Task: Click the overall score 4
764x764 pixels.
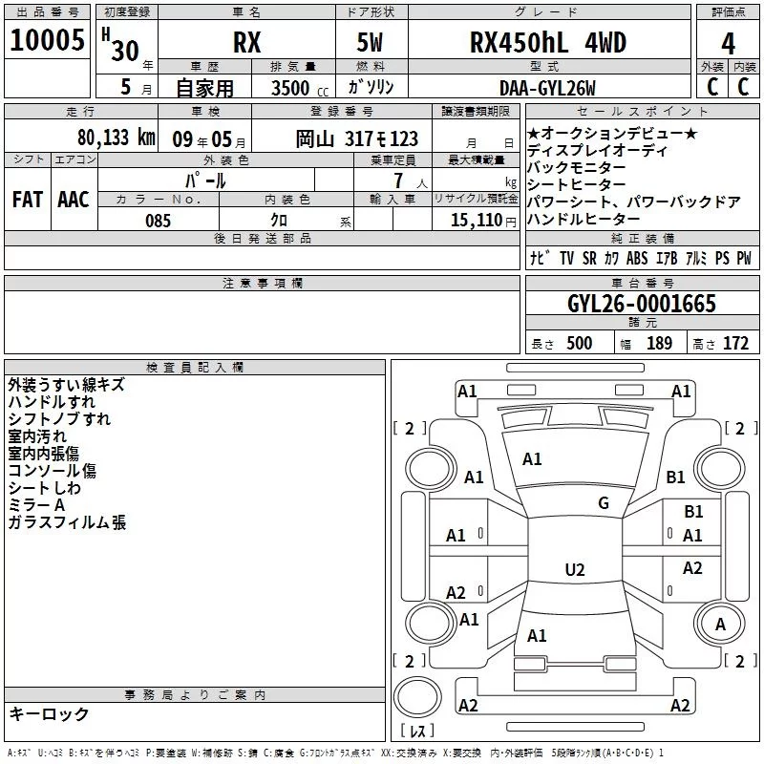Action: point(728,45)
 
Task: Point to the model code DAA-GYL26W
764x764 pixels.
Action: point(547,88)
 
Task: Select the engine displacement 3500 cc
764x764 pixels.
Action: point(292,88)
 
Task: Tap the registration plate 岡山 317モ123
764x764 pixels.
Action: point(356,138)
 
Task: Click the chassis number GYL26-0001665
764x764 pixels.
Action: point(641,304)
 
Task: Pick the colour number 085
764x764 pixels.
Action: point(159,221)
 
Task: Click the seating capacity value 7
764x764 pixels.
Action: point(395,180)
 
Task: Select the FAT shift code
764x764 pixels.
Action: point(27,199)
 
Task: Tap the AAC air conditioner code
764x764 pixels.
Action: point(74,199)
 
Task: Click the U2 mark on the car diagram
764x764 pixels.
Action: point(574,570)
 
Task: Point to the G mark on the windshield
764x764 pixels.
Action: point(603,503)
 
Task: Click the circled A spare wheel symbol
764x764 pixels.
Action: point(720,624)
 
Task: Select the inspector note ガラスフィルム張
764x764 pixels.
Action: point(67,522)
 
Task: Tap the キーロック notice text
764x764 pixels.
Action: point(49,713)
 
